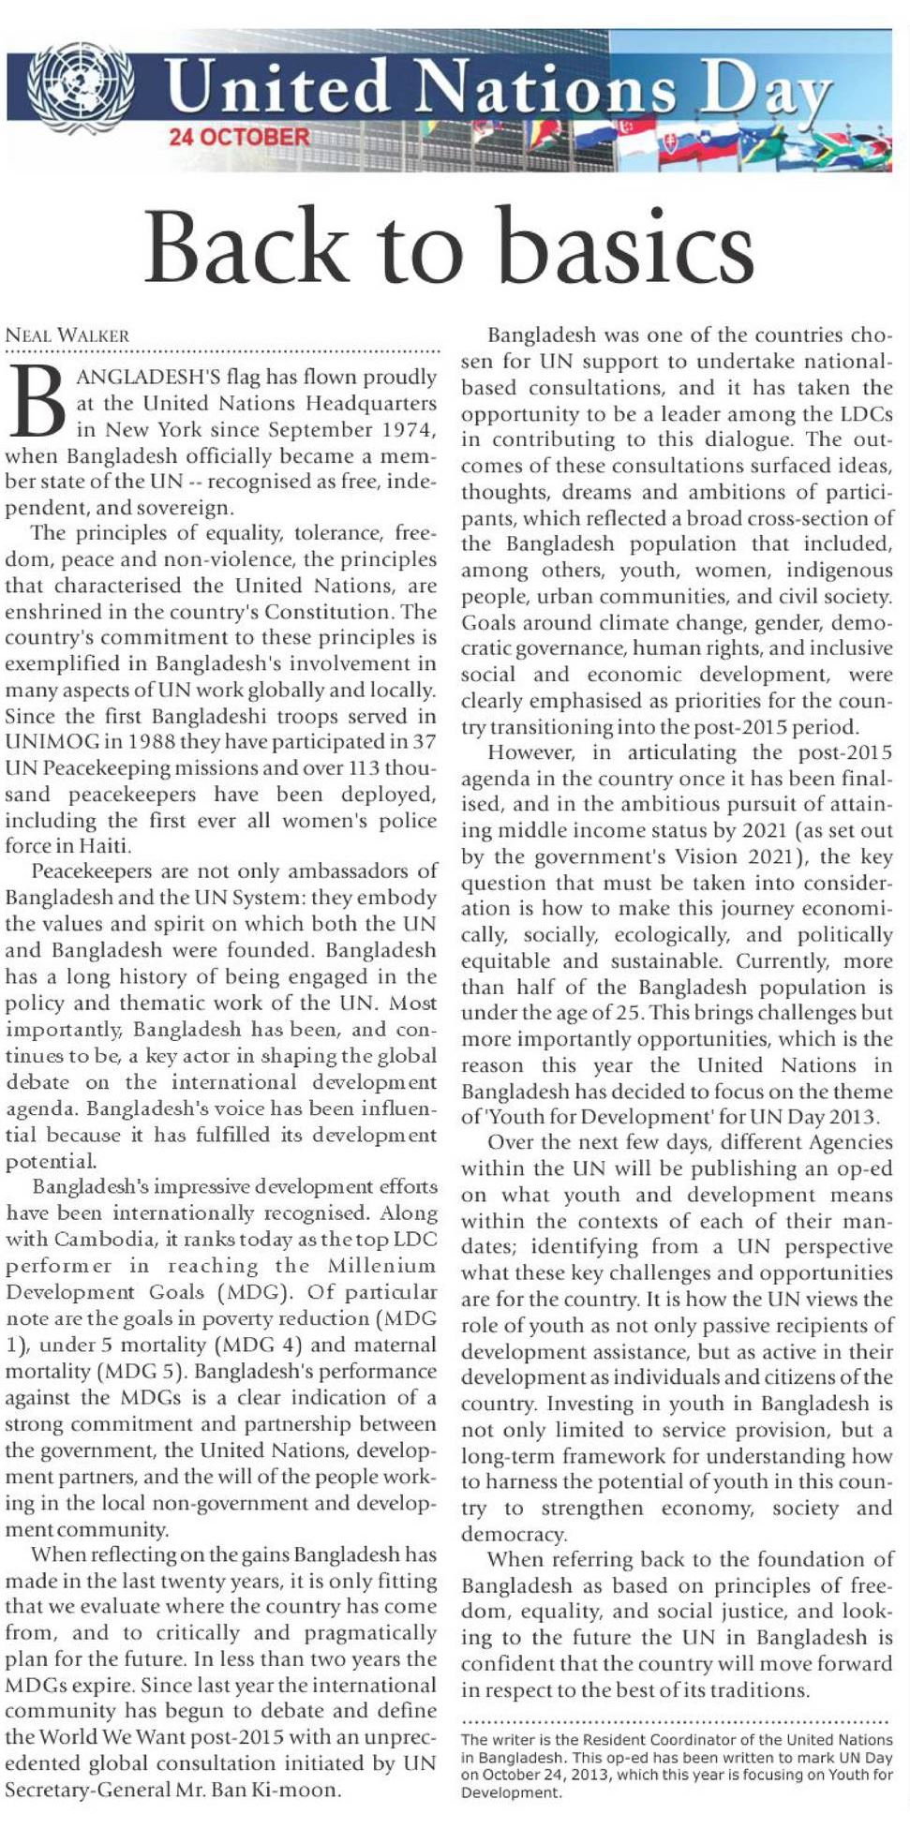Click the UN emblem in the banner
click(x=80, y=85)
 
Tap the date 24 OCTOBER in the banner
click(x=238, y=137)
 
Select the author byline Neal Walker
click(x=67, y=335)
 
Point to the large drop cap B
click(x=37, y=401)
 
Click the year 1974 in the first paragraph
click(x=409, y=430)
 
